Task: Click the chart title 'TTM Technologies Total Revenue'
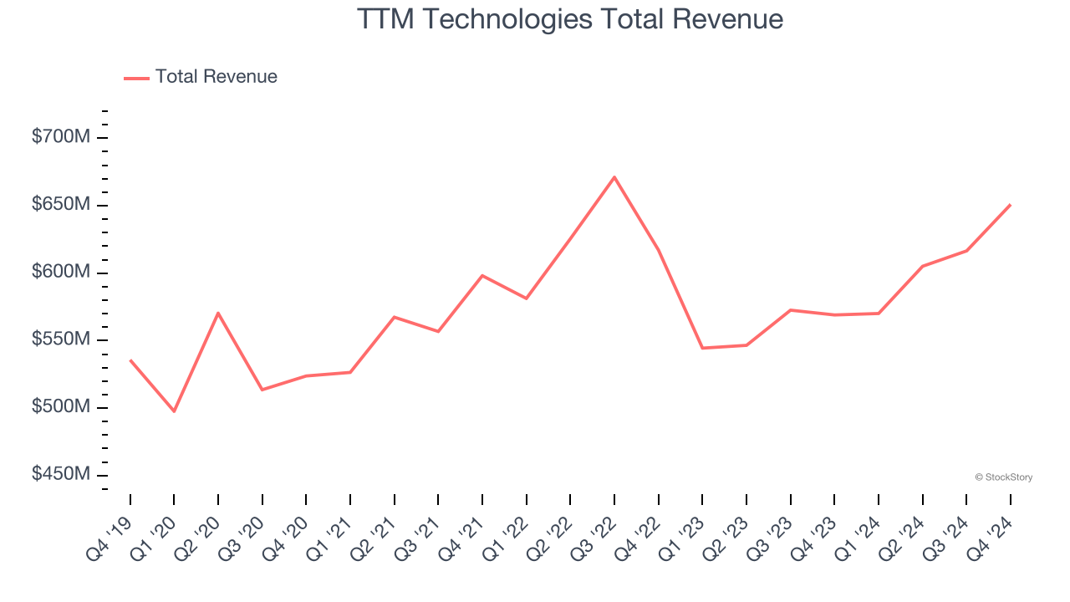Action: (570, 19)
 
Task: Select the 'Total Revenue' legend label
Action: (216, 77)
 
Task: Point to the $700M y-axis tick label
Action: (60, 137)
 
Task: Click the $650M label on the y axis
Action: (60, 205)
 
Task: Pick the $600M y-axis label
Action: (60, 273)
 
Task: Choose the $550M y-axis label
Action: (60, 339)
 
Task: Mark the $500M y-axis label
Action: (60, 407)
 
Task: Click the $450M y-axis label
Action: (60, 475)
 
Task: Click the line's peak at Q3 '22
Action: (614, 177)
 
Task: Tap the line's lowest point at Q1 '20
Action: (174, 411)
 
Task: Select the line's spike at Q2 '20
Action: (218, 313)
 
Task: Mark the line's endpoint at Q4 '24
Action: (1010, 205)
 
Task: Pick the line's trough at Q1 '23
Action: (702, 348)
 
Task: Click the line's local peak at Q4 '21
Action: (482, 275)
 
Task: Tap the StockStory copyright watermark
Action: (1003, 477)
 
